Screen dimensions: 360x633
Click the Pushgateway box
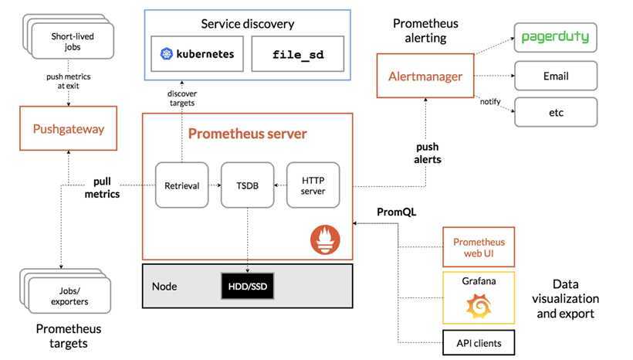point(68,128)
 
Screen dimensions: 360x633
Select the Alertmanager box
point(425,76)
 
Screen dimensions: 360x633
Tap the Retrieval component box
point(182,185)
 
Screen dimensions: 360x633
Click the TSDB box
point(248,185)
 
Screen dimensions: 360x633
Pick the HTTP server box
point(313,185)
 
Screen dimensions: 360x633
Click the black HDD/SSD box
point(247,286)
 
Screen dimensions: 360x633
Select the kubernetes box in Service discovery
point(197,55)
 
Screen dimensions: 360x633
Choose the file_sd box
point(297,55)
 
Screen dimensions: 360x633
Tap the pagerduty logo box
point(556,37)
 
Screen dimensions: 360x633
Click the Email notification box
point(556,76)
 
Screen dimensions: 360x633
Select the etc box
point(556,112)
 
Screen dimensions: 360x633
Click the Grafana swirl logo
point(479,306)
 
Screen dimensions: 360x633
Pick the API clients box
point(479,341)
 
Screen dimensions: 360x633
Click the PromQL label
point(396,211)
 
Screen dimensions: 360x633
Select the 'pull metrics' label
point(102,188)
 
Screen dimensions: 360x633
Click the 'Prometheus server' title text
point(247,134)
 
